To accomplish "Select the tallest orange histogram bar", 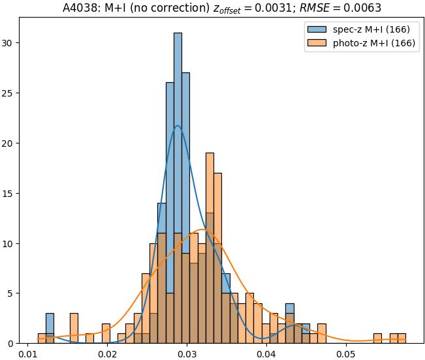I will pos(210,248).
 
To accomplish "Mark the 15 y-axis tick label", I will pos(9,193).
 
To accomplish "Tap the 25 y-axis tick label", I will pos(9,93).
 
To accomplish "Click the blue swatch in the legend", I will pos(316,29).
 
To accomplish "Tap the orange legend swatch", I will pos(316,44).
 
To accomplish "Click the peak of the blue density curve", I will pos(178,126).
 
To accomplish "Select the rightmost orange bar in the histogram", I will pos(401,338).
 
